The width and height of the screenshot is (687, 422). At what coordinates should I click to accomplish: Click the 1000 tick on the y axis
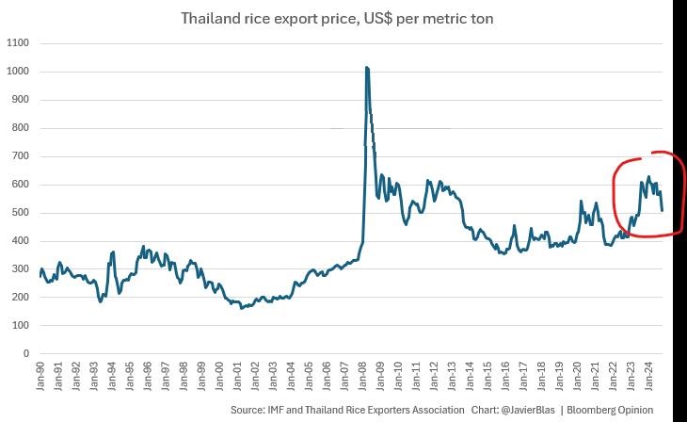pos(18,72)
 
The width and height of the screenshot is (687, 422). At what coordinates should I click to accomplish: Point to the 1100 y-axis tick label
pos(18,43)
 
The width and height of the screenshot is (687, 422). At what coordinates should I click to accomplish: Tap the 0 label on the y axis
pos(25,354)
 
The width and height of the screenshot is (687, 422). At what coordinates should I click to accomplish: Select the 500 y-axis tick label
pos(21,213)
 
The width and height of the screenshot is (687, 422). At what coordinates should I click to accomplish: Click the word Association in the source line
pos(434,411)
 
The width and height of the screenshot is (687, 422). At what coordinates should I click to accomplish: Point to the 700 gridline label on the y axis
pos(21,156)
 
